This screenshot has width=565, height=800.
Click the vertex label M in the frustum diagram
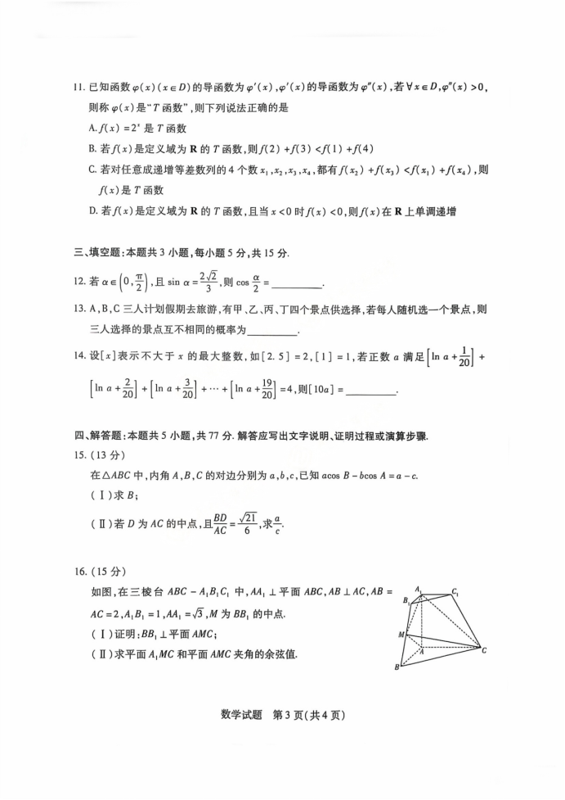point(401,635)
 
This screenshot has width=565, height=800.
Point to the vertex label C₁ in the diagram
point(455,591)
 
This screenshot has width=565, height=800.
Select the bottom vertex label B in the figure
point(398,667)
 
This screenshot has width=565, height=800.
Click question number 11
point(78,87)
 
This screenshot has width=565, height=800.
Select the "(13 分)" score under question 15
point(106,455)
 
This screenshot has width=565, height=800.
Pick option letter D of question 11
point(92,211)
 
